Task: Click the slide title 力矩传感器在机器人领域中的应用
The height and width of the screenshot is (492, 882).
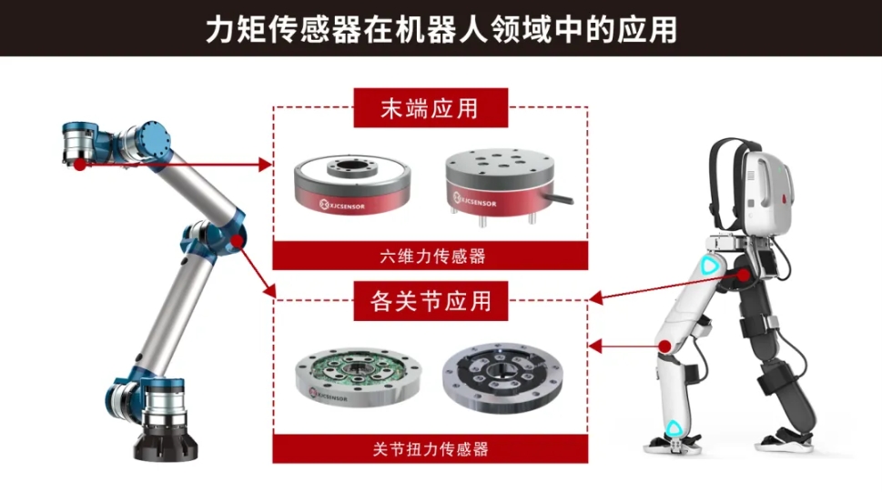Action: coord(441,29)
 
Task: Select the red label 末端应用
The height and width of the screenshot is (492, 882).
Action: coord(431,108)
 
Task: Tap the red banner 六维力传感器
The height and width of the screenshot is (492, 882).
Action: coord(431,256)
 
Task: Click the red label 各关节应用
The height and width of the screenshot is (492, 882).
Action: coord(431,301)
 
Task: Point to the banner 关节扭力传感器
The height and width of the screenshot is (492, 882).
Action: coord(431,448)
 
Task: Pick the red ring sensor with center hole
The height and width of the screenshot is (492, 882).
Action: coord(352,184)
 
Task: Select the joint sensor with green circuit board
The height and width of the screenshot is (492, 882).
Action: coord(359,376)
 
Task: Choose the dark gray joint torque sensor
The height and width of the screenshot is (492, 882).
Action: coord(502,377)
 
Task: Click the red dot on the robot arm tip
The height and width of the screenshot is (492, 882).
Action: coord(80,165)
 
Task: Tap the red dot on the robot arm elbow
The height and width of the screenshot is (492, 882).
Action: coord(237,241)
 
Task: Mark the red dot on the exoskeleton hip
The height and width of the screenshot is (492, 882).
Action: coord(745,276)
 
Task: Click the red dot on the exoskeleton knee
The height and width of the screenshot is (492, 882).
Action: coord(664,346)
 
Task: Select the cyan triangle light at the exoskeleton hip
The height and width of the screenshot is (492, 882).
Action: coord(710,266)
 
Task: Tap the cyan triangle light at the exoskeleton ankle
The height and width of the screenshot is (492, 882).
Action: coord(674,429)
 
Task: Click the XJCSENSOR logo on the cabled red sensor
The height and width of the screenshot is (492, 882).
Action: coord(475,200)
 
